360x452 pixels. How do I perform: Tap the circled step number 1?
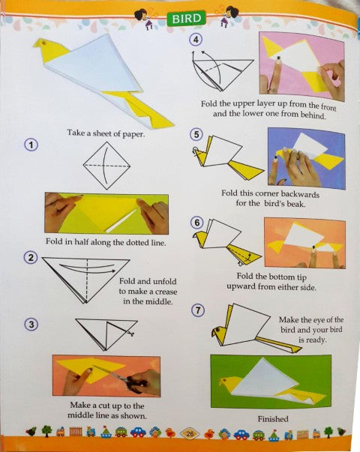pyautogui.click(x=31, y=145)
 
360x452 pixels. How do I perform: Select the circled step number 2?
pyautogui.click(x=31, y=259)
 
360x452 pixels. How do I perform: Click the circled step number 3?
pyautogui.click(x=31, y=324)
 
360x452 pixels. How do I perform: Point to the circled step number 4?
pyautogui.click(x=197, y=41)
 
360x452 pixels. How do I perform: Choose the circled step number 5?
pyautogui.click(x=197, y=135)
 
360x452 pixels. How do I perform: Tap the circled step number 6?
pyautogui.click(x=197, y=223)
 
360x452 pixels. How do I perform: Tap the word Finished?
pyautogui.click(x=273, y=418)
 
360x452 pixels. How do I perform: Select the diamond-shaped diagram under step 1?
pyautogui.click(x=105, y=165)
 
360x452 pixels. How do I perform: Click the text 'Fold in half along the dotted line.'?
pyautogui.click(x=106, y=242)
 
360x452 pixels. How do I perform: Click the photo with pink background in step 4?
pyautogui.click(x=301, y=64)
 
